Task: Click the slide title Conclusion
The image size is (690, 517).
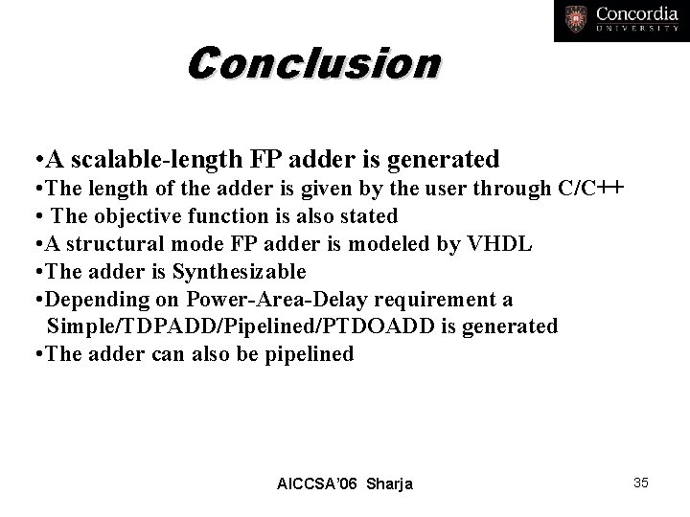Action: point(314,65)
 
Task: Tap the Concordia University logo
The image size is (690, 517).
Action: point(620,21)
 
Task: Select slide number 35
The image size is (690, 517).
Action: point(641,483)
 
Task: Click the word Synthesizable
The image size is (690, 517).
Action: point(239,271)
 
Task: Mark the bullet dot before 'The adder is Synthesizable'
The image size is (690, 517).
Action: point(35,272)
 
